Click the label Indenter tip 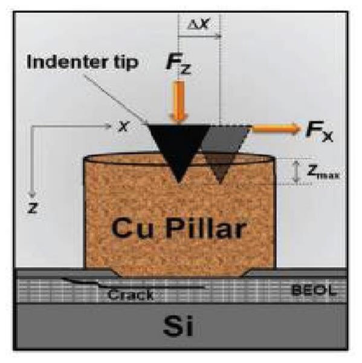pyautogui.click(x=82, y=62)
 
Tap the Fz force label pyautogui.click(x=178, y=65)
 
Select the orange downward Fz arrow pyautogui.click(x=178, y=101)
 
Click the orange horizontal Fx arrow pyautogui.click(x=276, y=128)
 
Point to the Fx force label pyautogui.click(x=320, y=131)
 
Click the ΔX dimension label pyautogui.click(x=198, y=24)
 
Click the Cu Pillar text pyautogui.click(x=179, y=228)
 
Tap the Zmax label pyautogui.click(x=323, y=172)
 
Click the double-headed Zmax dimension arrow pyautogui.click(x=296, y=171)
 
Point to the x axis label pyautogui.click(x=123, y=126)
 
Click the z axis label pyautogui.click(x=33, y=208)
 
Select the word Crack pyautogui.click(x=131, y=295)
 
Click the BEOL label pyautogui.click(x=314, y=290)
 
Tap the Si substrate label pyautogui.click(x=178, y=327)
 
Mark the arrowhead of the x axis pyautogui.click(x=108, y=126)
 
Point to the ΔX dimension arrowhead pyautogui.click(x=218, y=36)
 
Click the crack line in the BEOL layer pyautogui.click(x=134, y=285)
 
